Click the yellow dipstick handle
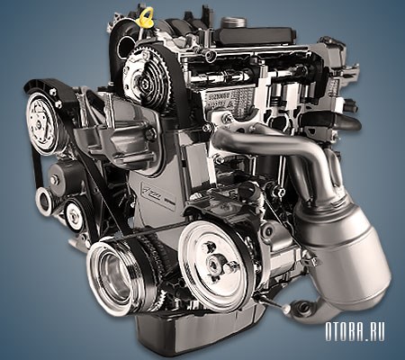coord(146,16)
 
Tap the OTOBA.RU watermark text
coord(355,331)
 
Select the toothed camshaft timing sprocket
coord(147,76)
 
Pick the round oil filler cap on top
coord(233,22)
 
